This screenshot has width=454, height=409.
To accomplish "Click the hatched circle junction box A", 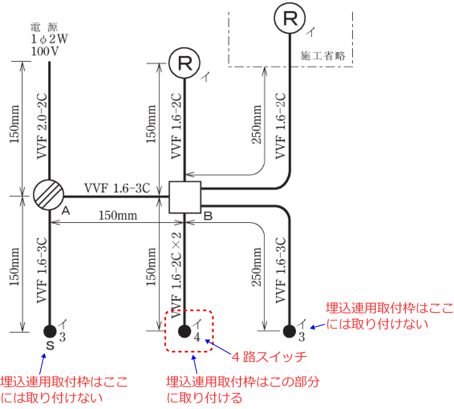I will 49,195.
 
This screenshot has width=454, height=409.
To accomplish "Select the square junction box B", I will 184,197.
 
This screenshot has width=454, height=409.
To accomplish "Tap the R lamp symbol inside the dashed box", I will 290,18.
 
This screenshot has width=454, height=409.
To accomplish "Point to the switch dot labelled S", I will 50,331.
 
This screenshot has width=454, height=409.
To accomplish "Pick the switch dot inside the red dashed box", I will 184,331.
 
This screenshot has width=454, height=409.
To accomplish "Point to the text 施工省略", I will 323,55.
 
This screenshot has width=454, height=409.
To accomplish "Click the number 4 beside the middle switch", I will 197,337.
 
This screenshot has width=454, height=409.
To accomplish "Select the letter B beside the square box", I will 208,217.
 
